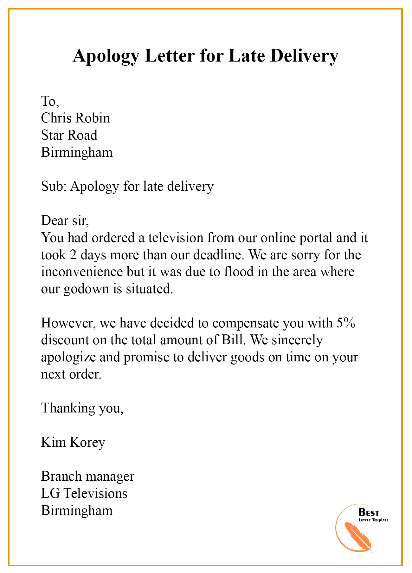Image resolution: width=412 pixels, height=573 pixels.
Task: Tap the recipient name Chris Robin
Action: (75, 118)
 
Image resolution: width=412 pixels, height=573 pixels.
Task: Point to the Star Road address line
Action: (69, 135)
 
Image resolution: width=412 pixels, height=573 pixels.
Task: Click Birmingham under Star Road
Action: (77, 152)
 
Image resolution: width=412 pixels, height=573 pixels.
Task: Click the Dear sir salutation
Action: (65, 220)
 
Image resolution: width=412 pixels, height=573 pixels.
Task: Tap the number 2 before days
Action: (73, 255)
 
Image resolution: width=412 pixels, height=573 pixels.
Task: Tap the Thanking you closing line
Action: (82, 408)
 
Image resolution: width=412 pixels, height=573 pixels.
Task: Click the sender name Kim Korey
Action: (73, 442)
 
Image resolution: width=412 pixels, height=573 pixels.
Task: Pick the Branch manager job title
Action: (87, 476)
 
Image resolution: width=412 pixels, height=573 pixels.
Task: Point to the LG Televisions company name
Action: (84, 493)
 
